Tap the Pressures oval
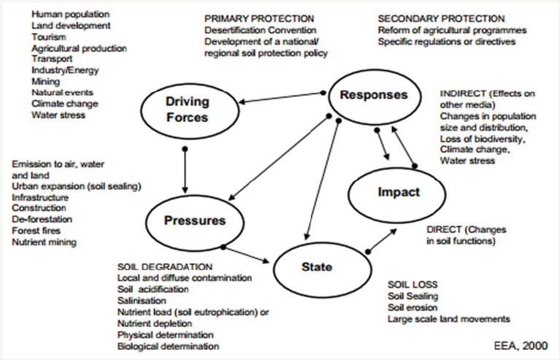pos(195,221)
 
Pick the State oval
pos(317,267)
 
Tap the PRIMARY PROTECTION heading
pos(259,18)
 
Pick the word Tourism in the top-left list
pos(49,37)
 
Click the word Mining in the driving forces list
pos(45,82)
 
